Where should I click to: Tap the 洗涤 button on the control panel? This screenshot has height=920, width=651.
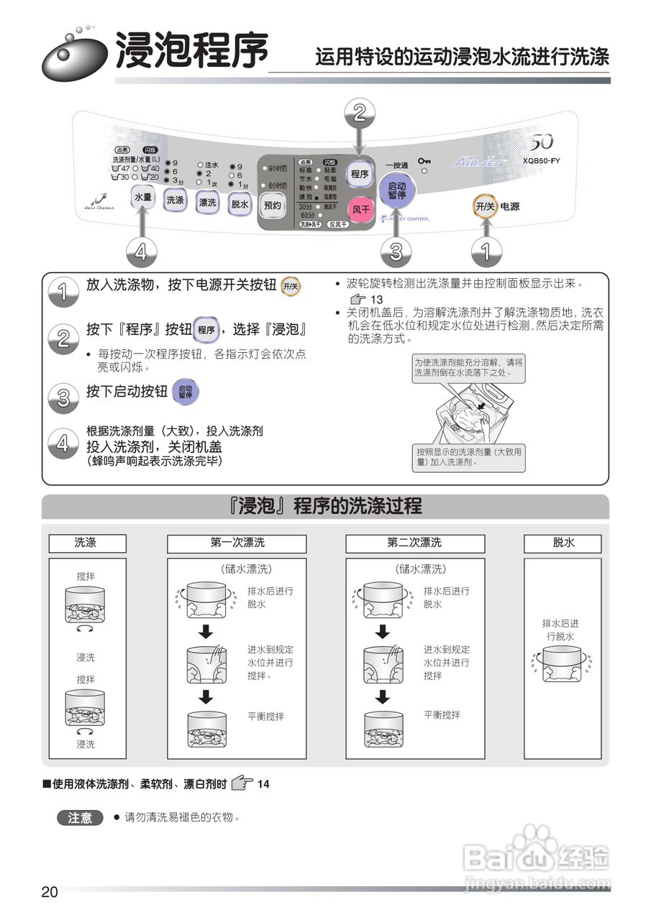coord(175,201)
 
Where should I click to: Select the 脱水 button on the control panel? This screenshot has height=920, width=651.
coord(240,204)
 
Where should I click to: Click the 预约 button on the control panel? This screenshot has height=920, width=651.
coord(272,206)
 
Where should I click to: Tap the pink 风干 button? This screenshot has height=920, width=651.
coord(360,209)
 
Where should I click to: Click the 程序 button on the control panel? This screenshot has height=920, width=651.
coord(360,174)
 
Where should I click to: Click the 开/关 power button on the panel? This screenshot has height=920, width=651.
coord(485,206)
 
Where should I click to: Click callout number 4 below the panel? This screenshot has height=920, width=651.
coord(141,252)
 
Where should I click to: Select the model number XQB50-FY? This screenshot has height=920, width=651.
coord(541,161)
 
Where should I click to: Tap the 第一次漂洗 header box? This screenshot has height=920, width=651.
coord(237,543)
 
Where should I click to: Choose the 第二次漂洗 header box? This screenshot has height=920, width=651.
coord(415,543)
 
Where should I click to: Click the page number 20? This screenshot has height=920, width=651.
coord(49,892)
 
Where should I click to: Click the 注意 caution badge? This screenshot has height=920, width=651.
coord(79,818)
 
